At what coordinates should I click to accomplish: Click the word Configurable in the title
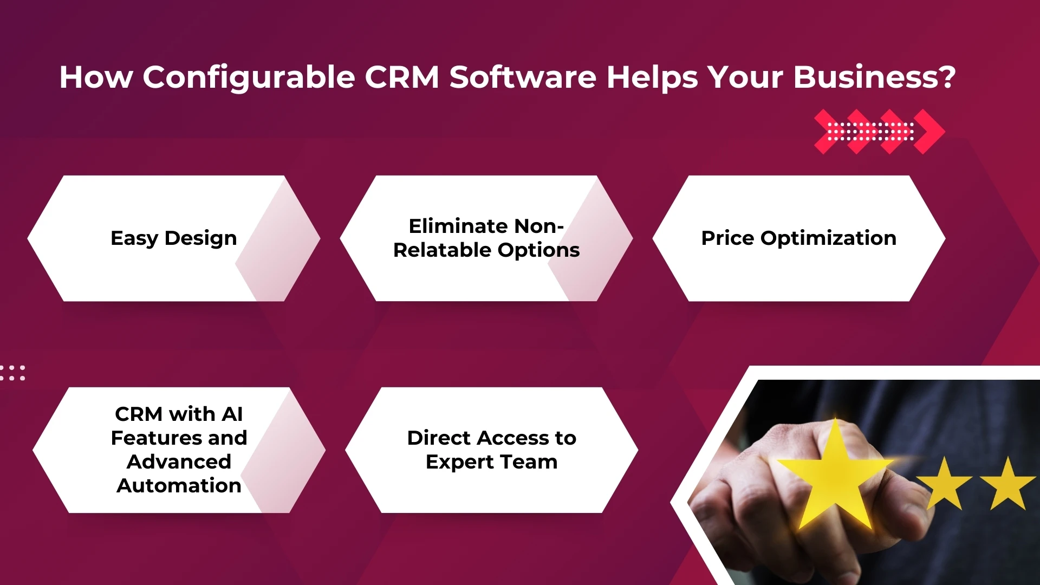(249, 77)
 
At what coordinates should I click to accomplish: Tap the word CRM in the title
(401, 77)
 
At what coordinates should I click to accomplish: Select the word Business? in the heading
(874, 77)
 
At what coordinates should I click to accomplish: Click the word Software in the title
(523, 77)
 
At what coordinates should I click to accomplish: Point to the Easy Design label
(173, 238)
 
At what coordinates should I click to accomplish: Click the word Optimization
(828, 238)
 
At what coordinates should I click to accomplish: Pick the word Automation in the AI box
(179, 485)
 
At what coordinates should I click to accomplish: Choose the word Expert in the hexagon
(460, 461)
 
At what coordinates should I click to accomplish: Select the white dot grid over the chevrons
(870, 132)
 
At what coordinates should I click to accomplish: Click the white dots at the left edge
(12, 373)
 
